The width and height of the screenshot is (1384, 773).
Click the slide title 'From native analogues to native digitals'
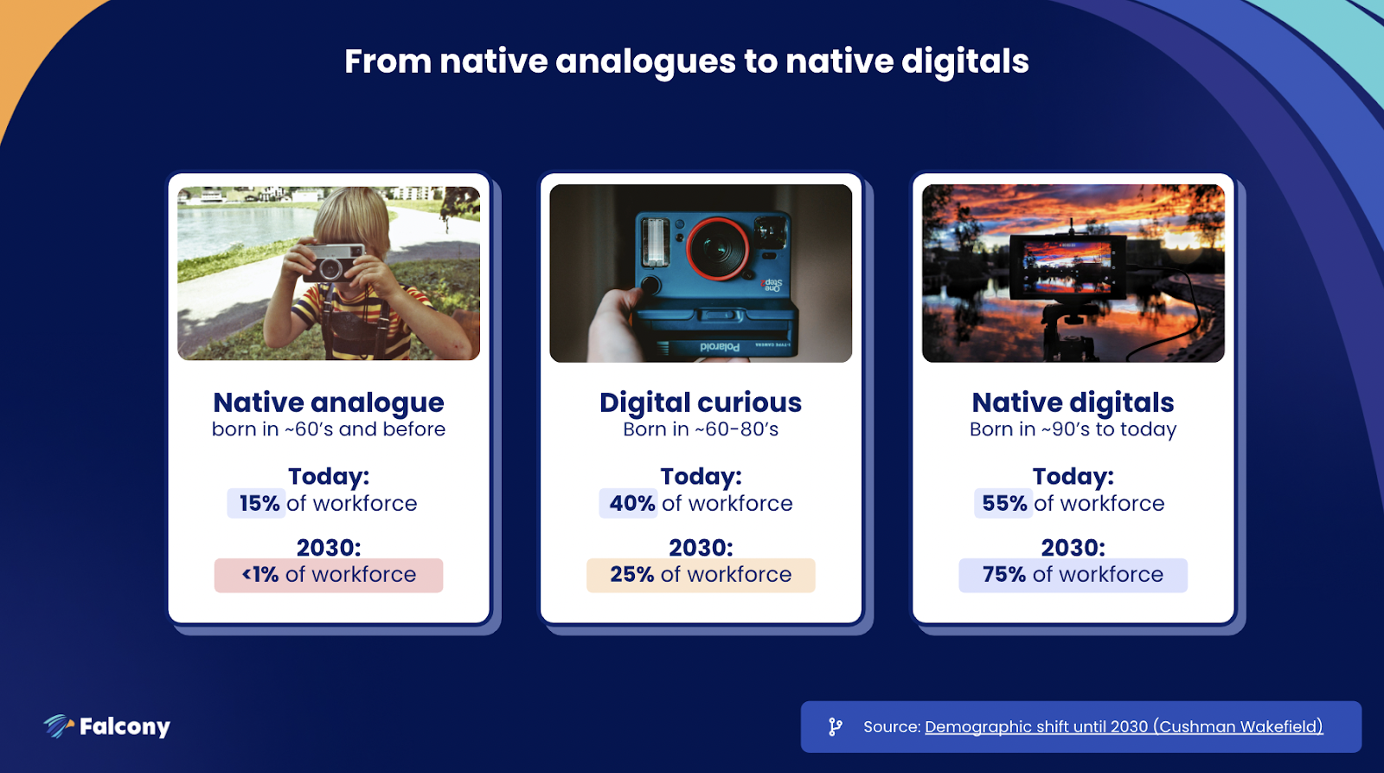tap(687, 61)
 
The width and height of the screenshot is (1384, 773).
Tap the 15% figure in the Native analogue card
tap(259, 504)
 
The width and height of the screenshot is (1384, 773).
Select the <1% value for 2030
tap(260, 575)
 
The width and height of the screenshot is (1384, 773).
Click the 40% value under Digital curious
tap(632, 504)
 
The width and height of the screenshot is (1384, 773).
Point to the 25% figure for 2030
tap(632, 575)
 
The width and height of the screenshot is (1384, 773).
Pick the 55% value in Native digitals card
tap(1004, 504)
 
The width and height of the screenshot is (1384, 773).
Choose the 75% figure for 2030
tap(1004, 575)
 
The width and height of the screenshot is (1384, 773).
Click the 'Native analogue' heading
tap(329, 403)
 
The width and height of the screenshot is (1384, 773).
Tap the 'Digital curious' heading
tap(701, 403)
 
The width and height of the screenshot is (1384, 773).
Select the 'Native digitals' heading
tap(1073, 403)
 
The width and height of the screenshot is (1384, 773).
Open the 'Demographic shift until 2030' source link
tap(1124, 726)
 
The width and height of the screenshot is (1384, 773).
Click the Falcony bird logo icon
tap(58, 726)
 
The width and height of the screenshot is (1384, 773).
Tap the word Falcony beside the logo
tap(125, 727)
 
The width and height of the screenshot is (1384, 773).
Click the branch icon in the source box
tap(836, 726)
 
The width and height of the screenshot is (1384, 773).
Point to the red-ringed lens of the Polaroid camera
tap(718, 248)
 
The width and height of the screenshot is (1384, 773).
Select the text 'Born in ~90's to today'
tap(1073, 429)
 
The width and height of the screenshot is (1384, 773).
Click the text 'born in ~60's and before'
tap(329, 429)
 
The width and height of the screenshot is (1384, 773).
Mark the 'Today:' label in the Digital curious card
tap(701, 476)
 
